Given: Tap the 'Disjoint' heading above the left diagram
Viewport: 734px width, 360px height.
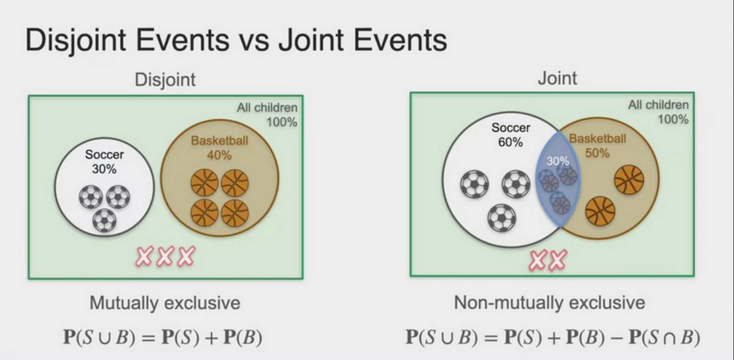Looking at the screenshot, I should click(x=165, y=80).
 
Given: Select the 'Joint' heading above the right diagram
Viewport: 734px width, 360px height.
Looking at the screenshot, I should click(x=557, y=77).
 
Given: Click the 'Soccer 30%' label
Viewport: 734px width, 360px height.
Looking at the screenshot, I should click(x=105, y=161).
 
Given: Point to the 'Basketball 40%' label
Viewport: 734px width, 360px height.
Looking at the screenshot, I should click(x=219, y=147).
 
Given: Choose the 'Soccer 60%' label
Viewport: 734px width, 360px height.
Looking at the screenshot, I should click(x=511, y=134).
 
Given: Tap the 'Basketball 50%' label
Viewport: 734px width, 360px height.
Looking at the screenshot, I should click(x=597, y=145).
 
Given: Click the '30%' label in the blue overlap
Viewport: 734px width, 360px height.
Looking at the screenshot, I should click(x=558, y=161).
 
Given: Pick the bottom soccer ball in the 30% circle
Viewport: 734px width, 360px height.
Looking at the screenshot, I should click(x=105, y=220).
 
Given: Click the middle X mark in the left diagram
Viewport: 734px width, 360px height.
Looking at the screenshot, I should click(x=166, y=255).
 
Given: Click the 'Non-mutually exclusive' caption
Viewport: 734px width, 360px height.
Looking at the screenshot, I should click(x=549, y=303).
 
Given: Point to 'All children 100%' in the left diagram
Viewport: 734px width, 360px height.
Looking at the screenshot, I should click(x=267, y=115).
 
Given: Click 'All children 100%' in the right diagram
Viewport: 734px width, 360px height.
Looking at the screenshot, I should click(x=658, y=112).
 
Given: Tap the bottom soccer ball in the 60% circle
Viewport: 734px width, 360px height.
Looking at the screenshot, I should click(x=501, y=217).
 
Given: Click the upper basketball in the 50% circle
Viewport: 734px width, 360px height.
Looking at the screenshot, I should click(x=629, y=179).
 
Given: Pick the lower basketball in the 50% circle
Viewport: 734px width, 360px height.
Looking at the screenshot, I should click(x=600, y=211).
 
